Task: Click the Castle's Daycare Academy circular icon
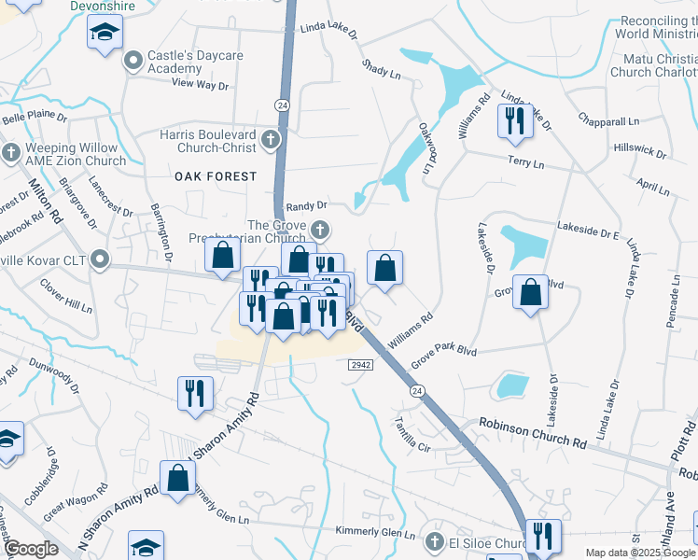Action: [x=133, y=63]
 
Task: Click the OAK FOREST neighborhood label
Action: [x=215, y=176]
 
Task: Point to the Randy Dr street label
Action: [x=307, y=205]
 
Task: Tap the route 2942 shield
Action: [x=362, y=364]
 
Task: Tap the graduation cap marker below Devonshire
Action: [x=105, y=35]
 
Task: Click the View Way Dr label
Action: [x=200, y=85]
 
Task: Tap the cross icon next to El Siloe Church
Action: [x=432, y=541]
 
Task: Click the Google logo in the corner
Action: [x=30, y=549]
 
